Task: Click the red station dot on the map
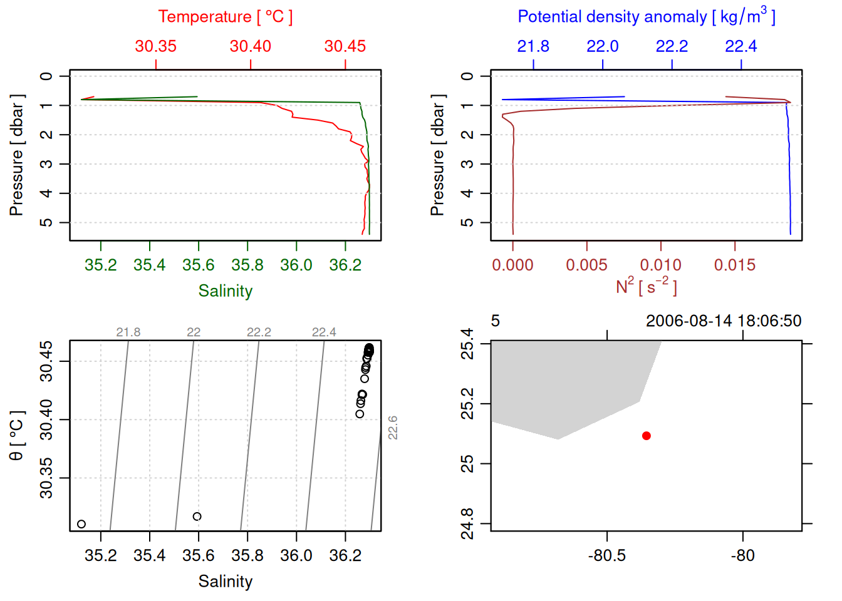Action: (x=646, y=436)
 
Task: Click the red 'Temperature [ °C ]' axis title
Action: (x=225, y=17)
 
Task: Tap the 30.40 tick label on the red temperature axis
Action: (x=251, y=46)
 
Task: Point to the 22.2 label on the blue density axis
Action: (x=672, y=46)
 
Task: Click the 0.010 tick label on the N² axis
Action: (x=660, y=265)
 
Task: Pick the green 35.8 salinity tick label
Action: (x=247, y=265)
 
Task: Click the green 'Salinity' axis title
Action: (x=225, y=291)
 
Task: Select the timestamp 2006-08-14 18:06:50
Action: (x=724, y=321)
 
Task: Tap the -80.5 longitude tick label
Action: (x=606, y=555)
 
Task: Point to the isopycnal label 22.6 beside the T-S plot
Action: (x=393, y=428)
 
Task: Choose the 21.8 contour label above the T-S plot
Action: (x=128, y=332)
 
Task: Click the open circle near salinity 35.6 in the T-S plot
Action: (x=197, y=516)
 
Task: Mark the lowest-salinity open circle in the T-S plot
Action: (x=81, y=524)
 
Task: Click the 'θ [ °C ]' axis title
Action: (x=17, y=436)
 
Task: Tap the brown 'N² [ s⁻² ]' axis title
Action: (x=646, y=287)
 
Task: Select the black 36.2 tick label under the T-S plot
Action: (x=345, y=555)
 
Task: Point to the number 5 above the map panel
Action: (x=495, y=321)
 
